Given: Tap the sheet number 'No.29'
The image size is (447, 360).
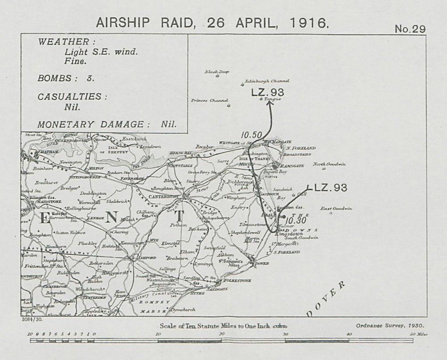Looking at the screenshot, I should [x=410, y=29].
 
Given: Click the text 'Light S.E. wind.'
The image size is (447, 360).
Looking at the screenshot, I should [x=101, y=51].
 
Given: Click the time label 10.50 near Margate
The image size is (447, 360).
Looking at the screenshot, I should [x=250, y=134].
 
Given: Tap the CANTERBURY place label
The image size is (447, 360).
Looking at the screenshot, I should [x=163, y=197].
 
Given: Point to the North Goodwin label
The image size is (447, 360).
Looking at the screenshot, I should [x=329, y=164].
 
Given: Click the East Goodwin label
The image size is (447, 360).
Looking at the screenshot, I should [x=337, y=209].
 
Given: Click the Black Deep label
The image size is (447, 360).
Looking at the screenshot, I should [x=217, y=71].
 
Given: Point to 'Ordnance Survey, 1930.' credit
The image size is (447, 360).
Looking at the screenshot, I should [x=390, y=327].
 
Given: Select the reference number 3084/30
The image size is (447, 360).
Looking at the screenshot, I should [x=31, y=319].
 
